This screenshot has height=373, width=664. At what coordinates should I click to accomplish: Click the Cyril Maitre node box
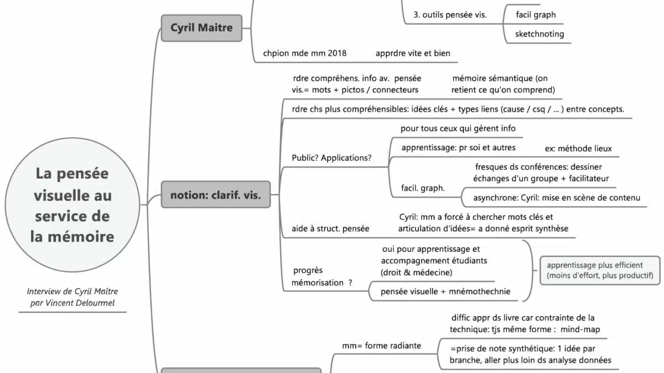tap(201, 28)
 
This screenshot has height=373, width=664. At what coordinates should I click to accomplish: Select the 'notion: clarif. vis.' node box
tap(215, 195)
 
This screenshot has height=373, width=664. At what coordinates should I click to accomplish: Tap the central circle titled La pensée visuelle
tap(72, 204)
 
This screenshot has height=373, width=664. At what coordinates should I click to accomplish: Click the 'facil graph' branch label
tap(536, 15)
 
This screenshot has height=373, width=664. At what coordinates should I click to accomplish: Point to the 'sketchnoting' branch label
tap(539, 34)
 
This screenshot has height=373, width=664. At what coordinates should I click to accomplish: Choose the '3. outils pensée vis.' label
tap(450, 15)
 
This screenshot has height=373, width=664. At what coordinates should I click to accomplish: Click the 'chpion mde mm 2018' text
tap(305, 53)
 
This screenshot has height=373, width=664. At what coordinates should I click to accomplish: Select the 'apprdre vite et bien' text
tap(413, 53)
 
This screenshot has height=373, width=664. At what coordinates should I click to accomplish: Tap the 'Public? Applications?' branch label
tap(331, 157)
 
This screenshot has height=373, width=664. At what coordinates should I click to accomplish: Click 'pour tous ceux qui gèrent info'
tap(458, 128)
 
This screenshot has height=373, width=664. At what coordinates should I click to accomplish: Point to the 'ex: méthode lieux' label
tap(578, 149)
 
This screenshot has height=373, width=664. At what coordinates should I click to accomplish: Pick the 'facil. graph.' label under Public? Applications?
tap(423, 188)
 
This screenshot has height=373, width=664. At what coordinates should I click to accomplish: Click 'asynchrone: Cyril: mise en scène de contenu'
tap(557, 198)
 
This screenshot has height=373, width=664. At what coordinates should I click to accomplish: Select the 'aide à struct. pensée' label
tap(330, 228)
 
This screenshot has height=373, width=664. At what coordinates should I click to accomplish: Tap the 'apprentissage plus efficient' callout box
tap(600, 270)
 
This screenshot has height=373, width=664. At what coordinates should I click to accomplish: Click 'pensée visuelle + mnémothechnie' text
tap(445, 291)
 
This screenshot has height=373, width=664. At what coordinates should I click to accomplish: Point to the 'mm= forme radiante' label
tap(381, 346)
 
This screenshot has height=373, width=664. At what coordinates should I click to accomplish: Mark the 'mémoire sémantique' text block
tap(502, 84)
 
